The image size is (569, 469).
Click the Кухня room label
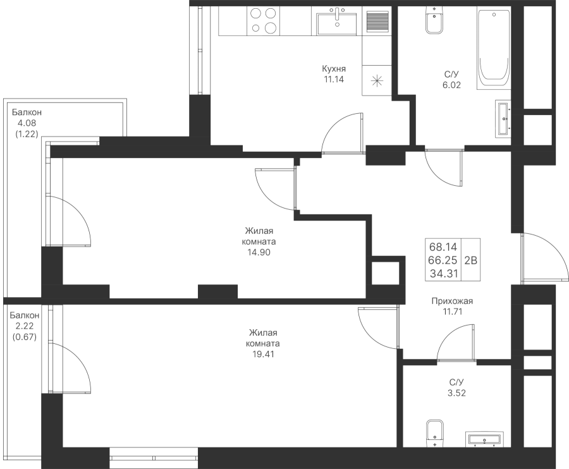tap(334, 68)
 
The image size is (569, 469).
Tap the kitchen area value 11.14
tap(334, 79)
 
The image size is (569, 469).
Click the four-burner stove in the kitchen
tap(264, 21)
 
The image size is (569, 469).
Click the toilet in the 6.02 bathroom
tap(434, 21)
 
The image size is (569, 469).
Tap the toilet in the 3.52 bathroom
tap(434, 434)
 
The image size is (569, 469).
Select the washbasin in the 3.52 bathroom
tap(485, 439)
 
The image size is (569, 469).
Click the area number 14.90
tap(259, 252)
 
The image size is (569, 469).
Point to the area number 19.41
tap(264, 354)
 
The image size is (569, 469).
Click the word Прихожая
tap(452, 301)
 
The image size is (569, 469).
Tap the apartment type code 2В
tap(470, 260)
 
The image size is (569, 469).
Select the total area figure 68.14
tap(443, 247)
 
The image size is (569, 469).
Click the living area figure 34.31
tap(443, 274)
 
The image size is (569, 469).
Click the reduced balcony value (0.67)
tap(25, 337)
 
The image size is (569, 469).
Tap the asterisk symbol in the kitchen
tap(377, 80)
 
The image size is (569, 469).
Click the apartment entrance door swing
tap(544, 257)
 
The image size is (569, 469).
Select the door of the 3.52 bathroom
tap(456, 343)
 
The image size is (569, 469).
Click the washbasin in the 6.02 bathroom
tap(503, 119)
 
